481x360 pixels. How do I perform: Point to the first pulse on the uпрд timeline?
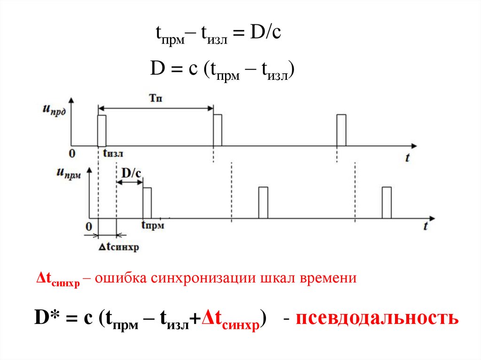click(x=102, y=130)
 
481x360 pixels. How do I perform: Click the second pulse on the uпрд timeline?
click(x=217, y=130)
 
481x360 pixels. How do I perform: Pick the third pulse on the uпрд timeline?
click(x=341, y=130)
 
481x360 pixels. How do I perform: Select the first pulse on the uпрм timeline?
click(x=147, y=203)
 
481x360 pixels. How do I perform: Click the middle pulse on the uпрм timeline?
click(x=263, y=203)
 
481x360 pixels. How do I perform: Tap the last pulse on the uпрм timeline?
click(x=387, y=203)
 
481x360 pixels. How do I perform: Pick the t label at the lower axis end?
click(x=425, y=226)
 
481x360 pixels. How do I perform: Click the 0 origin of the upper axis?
click(x=71, y=153)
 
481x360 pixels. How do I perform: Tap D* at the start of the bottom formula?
click(x=46, y=318)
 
